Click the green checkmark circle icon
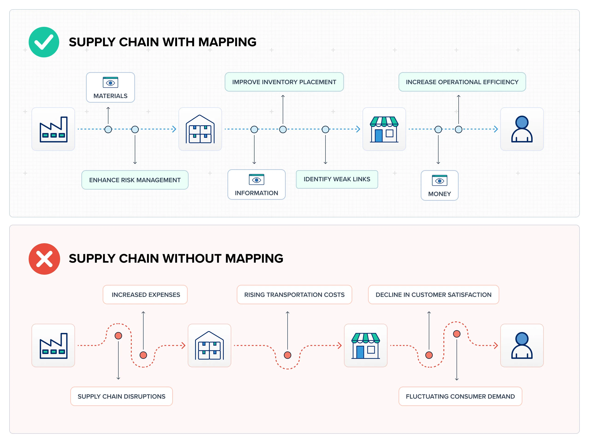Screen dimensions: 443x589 point(44,42)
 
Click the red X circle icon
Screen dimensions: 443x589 point(44,259)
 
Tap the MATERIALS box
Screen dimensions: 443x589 point(110,87)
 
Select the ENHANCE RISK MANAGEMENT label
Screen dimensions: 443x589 point(135,180)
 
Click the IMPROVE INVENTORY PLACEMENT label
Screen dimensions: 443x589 point(284,82)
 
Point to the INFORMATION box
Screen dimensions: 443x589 point(256,185)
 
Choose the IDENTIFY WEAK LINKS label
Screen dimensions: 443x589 point(337,179)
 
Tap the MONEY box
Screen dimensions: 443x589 point(439,185)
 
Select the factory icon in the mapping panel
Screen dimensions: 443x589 point(53,129)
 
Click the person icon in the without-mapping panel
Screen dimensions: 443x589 point(522,345)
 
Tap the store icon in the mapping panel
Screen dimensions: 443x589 point(384,129)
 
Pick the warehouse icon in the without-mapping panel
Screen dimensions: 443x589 point(209,345)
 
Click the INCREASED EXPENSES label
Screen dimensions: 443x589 point(145,295)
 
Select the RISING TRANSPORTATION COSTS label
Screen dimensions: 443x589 point(294,295)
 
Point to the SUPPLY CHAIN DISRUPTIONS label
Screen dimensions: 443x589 point(121,396)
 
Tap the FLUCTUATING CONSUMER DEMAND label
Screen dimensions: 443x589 point(460,396)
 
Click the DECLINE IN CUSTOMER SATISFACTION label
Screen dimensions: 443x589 point(433,295)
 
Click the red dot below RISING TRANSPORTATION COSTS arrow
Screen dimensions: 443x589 point(287,355)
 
